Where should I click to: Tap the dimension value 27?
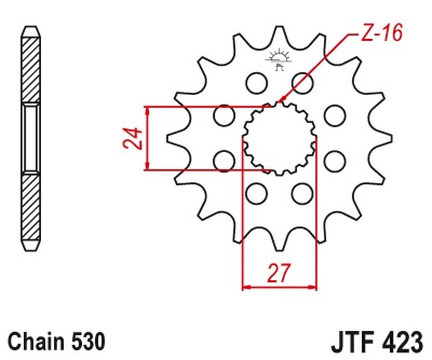point(280,272)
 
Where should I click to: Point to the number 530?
point(86,341)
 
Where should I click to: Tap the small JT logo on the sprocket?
point(278,60)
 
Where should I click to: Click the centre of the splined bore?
point(278,138)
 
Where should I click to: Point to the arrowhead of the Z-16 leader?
point(281,100)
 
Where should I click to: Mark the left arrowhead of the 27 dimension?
point(245,288)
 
